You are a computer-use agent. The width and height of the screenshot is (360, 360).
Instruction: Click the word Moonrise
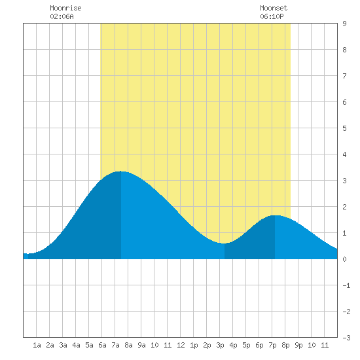tap(65, 8)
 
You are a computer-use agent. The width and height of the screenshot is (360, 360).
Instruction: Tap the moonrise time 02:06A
tap(62, 16)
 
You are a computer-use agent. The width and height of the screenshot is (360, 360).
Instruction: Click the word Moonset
tap(274, 8)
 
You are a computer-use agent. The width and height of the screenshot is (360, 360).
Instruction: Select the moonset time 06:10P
tap(272, 16)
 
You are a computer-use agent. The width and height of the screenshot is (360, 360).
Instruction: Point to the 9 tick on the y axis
tap(344, 24)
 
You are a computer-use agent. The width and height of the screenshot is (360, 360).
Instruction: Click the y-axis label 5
tap(344, 128)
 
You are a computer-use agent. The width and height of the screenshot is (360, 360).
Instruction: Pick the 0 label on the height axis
tap(344, 259)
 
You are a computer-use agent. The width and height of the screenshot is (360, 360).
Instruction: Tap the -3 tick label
tap(346, 338)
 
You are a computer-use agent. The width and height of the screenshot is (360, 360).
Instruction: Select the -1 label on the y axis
tap(346, 285)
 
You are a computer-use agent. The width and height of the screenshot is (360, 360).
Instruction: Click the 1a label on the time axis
tap(37, 345)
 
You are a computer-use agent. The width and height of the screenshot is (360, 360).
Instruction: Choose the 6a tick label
tap(102, 345)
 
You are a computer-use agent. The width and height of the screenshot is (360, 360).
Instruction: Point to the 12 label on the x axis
tap(181, 345)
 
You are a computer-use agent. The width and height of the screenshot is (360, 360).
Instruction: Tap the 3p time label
tap(220, 345)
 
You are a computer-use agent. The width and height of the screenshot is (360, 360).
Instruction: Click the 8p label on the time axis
tap(285, 345)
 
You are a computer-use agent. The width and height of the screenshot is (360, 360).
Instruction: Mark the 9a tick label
tap(141, 345)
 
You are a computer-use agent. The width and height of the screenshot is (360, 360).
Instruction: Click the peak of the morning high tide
tap(121, 171)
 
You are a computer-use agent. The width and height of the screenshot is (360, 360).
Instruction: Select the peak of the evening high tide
tap(275, 215)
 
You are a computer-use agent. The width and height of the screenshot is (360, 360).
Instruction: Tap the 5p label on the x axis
tap(246, 345)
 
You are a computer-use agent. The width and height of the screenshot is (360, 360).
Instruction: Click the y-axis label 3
tap(344, 181)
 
